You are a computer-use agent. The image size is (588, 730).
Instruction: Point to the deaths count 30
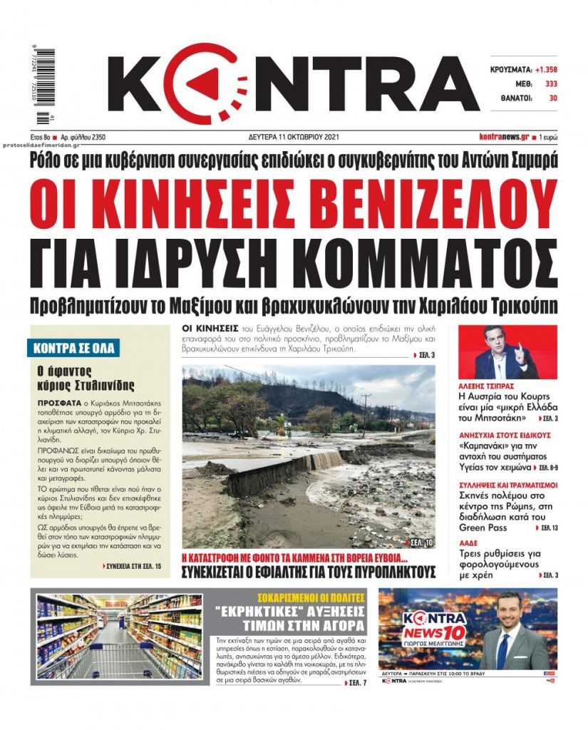click(552, 98)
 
